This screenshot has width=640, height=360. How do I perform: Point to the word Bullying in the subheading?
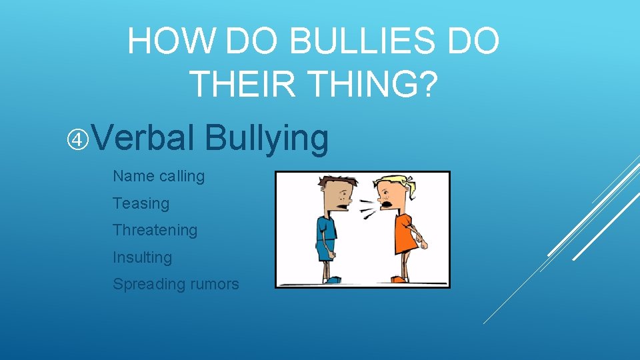click(267, 139)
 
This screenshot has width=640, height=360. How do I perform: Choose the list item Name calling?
click(159, 177)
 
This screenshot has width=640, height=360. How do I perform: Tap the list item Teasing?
click(141, 203)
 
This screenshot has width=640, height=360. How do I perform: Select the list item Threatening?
click(155, 230)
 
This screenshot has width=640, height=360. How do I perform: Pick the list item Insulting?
click(142, 257)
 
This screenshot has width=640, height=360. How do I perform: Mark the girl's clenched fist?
click(422, 245)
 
